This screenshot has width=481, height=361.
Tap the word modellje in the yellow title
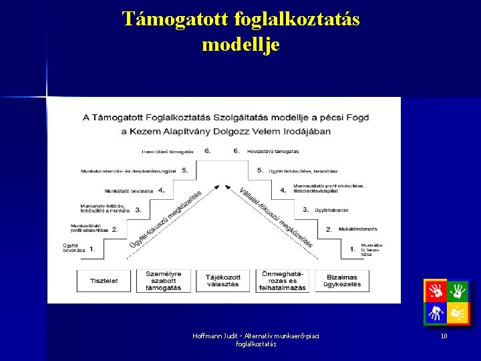pos(240,44)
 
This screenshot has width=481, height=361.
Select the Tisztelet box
pos(104,281)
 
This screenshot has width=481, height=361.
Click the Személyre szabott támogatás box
pos(164,281)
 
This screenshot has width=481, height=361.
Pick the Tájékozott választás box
pos(222,281)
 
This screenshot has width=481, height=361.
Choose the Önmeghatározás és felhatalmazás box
pos(283,281)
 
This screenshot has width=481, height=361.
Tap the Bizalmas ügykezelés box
pos(343,281)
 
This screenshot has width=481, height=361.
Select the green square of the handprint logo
pos(458,291)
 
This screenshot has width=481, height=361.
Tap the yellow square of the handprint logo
pos(458,313)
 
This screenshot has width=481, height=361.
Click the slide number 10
pos(444,336)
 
